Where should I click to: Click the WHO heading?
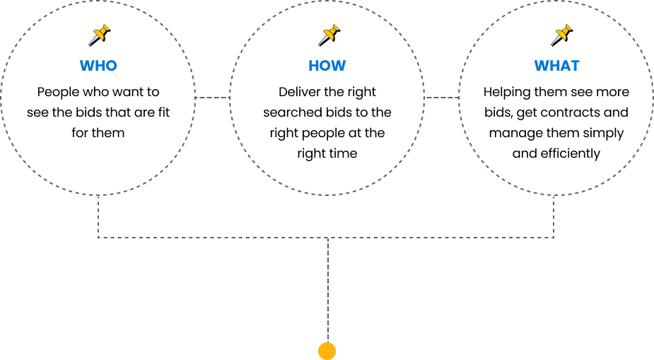[x=98, y=66]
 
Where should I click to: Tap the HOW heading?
[x=327, y=66]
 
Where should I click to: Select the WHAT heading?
[x=556, y=66]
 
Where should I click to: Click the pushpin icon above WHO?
[x=100, y=35]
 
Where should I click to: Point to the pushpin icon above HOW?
[x=329, y=35]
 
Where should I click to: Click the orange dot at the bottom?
[x=327, y=351]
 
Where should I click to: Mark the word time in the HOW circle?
[x=342, y=153]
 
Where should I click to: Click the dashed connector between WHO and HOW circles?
[x=211, y=98]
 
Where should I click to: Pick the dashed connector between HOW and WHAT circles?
[x=442, y=98]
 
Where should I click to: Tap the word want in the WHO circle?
[x=131, y=92]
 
